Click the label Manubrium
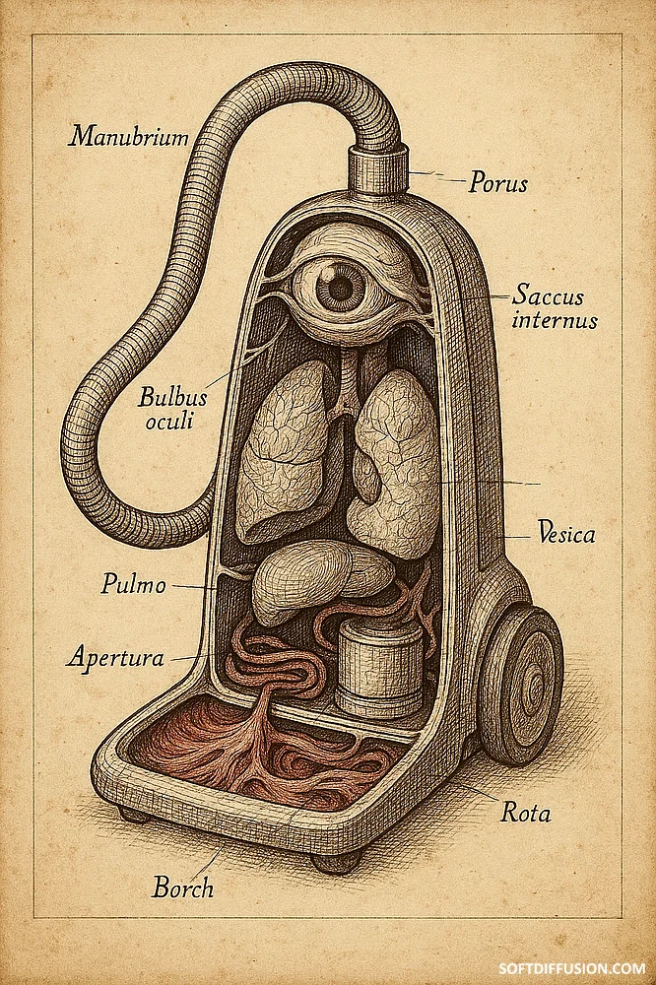click(128, 136)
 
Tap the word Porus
click(497, 183)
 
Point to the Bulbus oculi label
click(173, 411)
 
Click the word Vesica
click(566, 535)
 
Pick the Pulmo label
click(134, 584)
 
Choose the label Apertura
click(115, 657)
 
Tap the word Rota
click(525, 814)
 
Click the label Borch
click(182, 887)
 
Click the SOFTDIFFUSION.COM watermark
click(586, 968)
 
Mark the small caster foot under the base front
click(335, 863)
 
